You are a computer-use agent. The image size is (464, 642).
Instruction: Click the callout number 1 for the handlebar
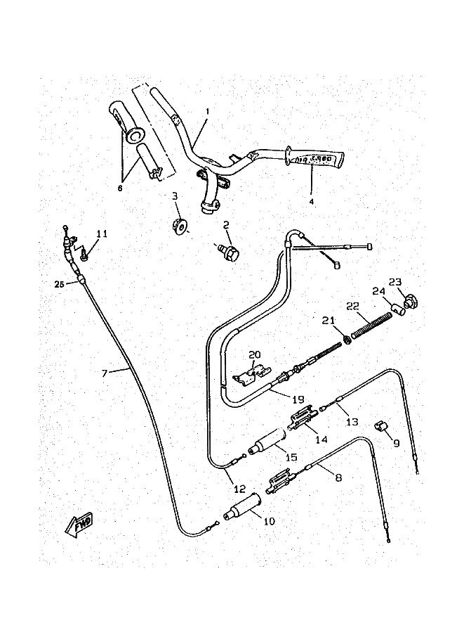click(x=208, y=112)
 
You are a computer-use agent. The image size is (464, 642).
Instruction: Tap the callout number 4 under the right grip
click(x=312, y=200)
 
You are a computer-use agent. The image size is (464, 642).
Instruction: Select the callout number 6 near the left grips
click(x=119, y=188)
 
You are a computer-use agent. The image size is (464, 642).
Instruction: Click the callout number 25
click(x=59, y=284)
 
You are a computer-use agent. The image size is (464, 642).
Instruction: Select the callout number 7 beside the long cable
click(x=104, y=373)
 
